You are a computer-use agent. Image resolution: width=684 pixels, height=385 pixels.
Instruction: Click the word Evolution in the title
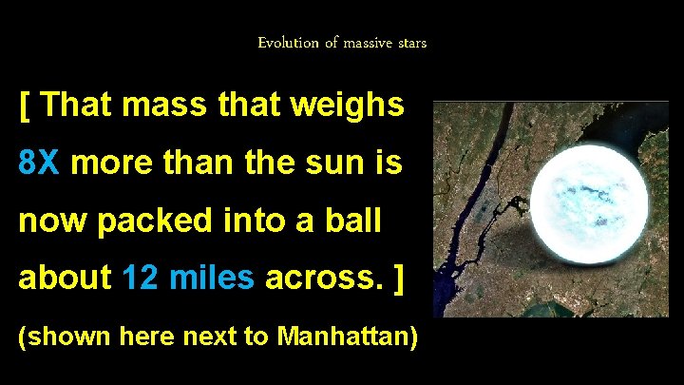coord(284,43)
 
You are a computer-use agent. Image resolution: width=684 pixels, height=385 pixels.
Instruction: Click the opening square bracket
coord(25,105)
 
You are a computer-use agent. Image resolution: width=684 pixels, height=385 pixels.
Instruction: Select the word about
coord(63,278)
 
